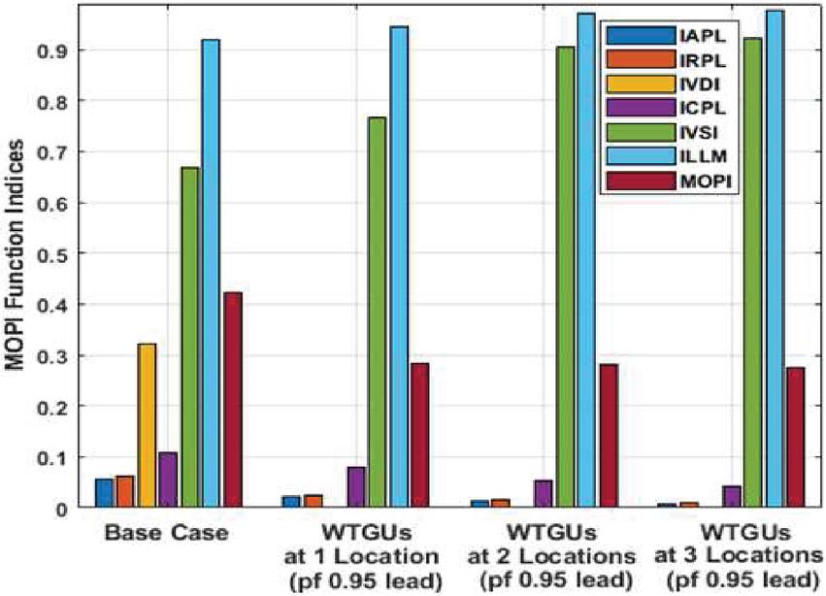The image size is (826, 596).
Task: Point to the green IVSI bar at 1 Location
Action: pos(377,312)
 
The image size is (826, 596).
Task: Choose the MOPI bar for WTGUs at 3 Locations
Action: pos(795,437)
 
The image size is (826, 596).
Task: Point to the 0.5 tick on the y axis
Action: pos(69,253)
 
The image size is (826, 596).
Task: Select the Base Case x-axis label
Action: pos(167,533)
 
